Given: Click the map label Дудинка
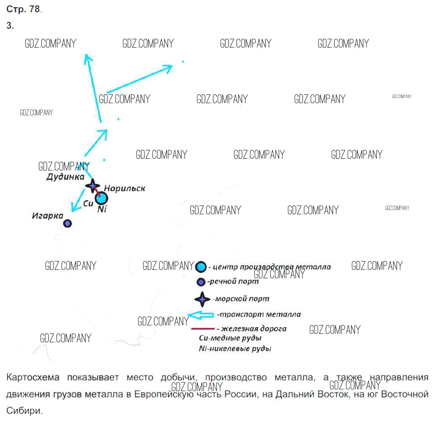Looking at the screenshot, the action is click(x=66, y=177).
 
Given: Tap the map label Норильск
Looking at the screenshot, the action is click(x=125, y=189).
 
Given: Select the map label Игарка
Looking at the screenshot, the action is click(x=48, y=216).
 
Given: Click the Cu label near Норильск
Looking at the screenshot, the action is click(x=88, y=204).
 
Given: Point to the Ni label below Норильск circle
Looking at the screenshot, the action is click(x=102, y=209).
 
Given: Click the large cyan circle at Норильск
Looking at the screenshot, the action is click(x=101, y=198).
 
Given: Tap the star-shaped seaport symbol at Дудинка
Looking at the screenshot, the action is click(x=92, y=186).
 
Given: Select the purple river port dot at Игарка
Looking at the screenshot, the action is click(x=67, y=223).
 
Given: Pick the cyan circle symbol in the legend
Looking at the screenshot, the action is click(x=201, y=266).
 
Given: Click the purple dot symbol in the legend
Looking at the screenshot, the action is click(x=201, y=282).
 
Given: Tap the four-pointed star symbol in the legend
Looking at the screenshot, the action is click(x=202, y=299).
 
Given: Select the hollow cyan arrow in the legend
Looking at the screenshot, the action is click(x=201, y=315).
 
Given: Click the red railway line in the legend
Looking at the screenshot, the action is click(x=203, y=329).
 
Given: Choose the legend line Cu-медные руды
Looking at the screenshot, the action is click(x=230, y=338).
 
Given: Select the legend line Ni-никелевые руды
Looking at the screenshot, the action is click(x=235, y=348).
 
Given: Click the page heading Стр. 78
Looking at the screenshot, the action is click(x=24, y=9).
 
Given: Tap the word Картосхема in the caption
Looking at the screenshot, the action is click(x=32, y=377).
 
